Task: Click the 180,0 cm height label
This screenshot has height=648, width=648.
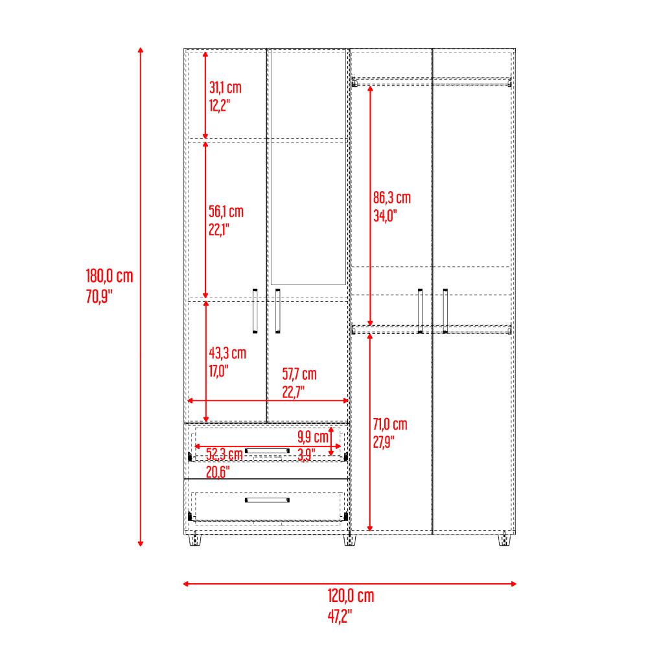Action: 110,276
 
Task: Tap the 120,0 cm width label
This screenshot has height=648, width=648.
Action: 351,596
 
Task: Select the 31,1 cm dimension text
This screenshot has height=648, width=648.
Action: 226,87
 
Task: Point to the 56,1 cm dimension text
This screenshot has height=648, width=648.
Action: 226,212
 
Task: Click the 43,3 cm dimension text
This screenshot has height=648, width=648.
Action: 227,353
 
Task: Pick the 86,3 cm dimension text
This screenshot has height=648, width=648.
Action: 392,198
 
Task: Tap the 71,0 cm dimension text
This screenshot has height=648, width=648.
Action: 389,424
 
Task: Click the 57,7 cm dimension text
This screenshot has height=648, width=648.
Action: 299,375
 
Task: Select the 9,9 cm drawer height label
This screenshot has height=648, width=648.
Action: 313,437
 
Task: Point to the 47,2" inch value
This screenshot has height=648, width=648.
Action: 340,617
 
